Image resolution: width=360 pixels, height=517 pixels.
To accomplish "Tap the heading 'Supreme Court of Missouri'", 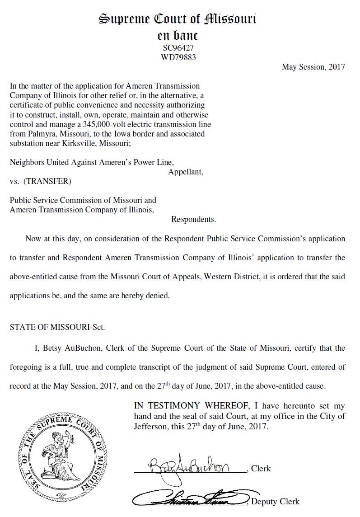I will [x=178, y=19].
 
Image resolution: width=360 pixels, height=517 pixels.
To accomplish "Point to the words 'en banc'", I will [x=178, y=35].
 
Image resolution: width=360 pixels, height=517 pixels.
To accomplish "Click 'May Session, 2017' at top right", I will [x=313, y=67].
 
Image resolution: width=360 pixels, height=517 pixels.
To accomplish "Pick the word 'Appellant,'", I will [x=186, y=172].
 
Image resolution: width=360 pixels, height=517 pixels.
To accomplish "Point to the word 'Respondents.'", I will [x=193, y=220].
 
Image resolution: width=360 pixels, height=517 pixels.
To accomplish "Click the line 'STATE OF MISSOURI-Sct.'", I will [x=57, y=327].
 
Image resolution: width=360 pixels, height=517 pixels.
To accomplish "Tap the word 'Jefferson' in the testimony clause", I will [x=151, y=426].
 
